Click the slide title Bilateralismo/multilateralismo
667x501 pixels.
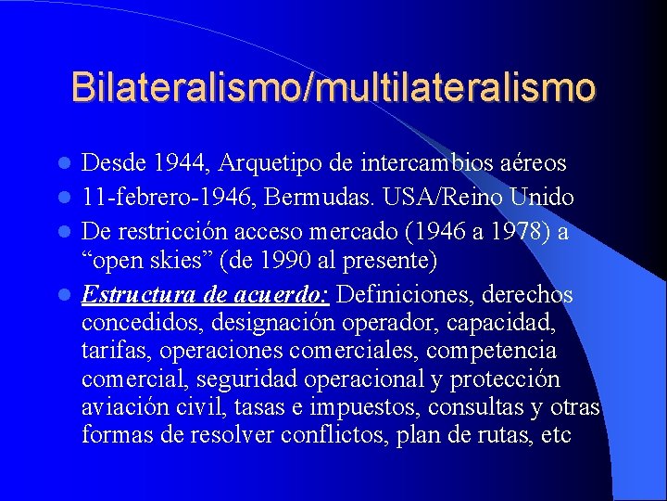click(333, 87)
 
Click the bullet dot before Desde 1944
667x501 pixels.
click(65, 165)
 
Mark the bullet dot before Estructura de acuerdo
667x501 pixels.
click(65, 296)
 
